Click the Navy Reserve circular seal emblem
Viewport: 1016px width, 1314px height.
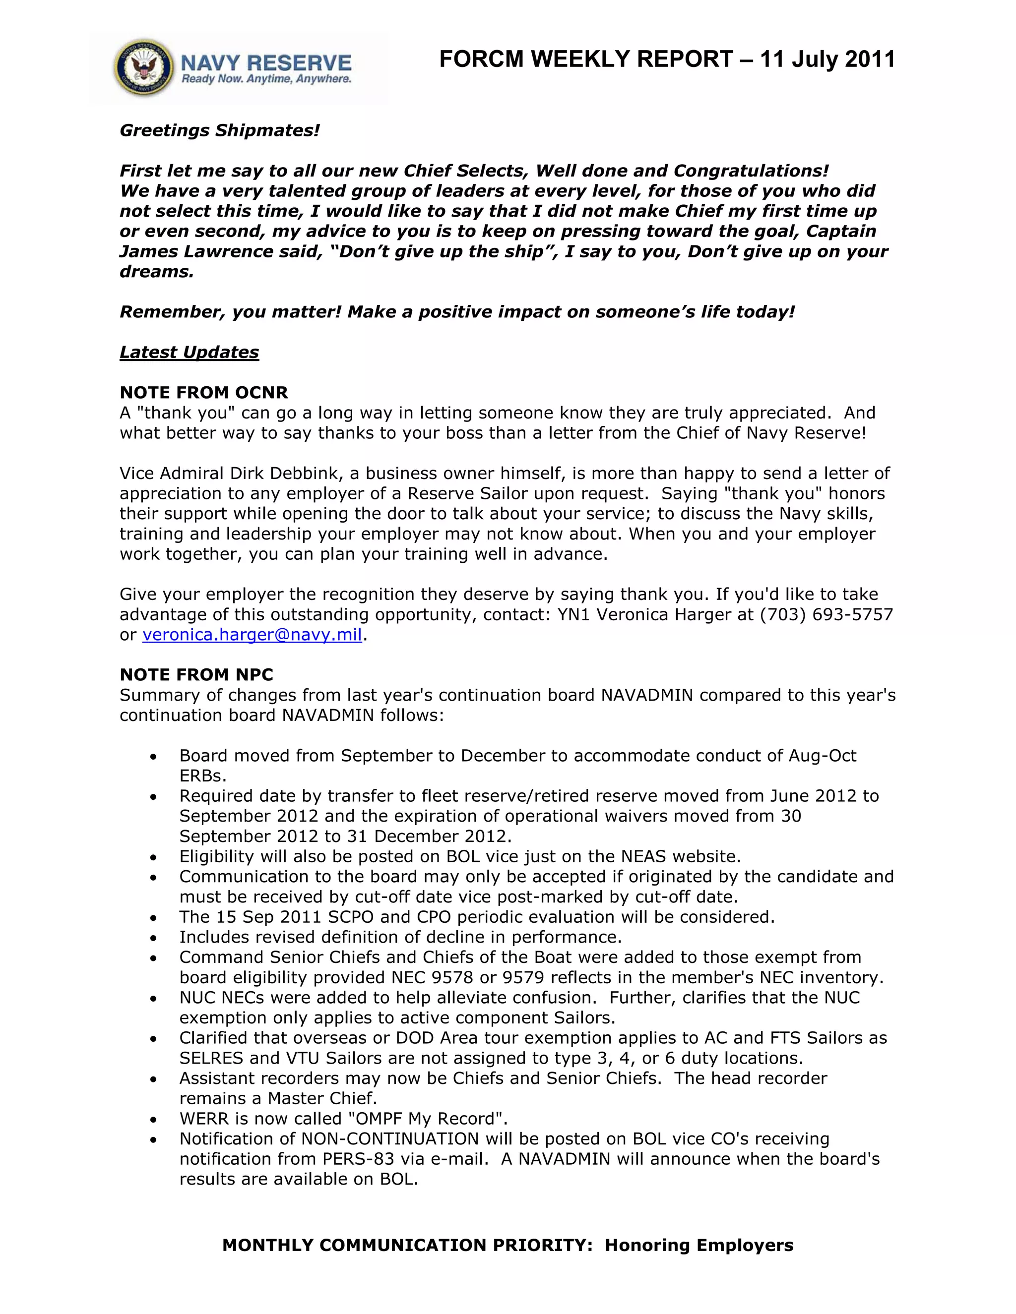click(x=143, y=68)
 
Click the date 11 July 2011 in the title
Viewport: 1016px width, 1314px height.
click(x=827, y=59)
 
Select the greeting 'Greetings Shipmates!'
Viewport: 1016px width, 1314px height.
click(x=220, y=130)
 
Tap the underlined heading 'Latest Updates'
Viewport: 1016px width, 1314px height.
click(x=189, y=352)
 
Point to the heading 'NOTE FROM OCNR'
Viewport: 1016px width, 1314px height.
click(x=204, y=392)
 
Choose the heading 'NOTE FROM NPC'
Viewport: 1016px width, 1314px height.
click(x=197, y=674)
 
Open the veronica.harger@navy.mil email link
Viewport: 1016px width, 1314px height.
click(x=252, y=635)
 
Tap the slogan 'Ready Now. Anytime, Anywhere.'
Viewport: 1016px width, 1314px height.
click(x=266, y=79)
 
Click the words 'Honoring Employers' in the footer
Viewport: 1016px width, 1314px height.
click(x=699, y=1245)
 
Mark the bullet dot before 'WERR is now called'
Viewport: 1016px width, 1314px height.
click(x=154, y=1120)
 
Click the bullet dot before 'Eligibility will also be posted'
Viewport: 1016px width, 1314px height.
click(x=154, y=857)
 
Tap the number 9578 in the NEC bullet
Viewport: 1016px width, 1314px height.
click(x=452, y=977)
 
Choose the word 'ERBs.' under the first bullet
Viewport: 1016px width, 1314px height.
click(x=203, y=776)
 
